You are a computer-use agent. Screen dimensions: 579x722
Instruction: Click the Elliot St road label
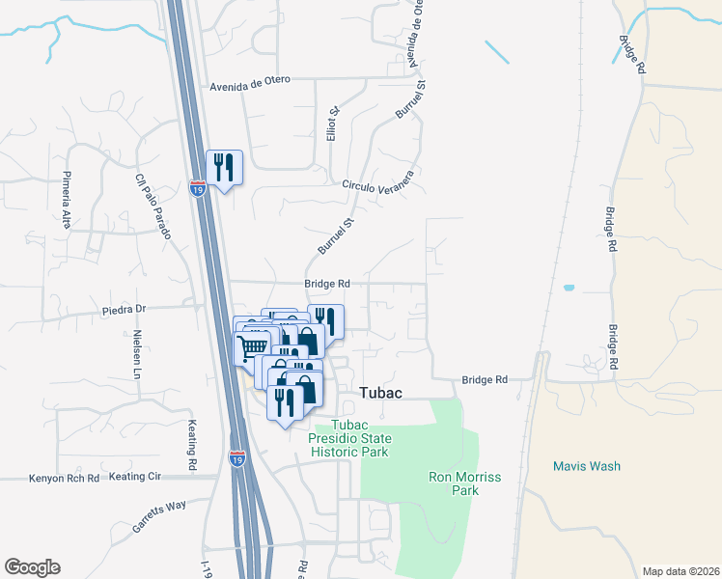[x=331, y=124]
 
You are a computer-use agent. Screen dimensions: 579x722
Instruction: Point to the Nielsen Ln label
[x=138, y=354]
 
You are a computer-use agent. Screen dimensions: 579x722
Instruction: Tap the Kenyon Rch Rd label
[x=65, y=478]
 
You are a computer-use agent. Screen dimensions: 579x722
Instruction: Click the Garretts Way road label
[x=160, y=518]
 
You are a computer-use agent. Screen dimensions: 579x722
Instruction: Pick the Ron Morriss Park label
[x=454, y=483]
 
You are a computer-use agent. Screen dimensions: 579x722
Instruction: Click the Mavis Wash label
[x=586, y=466]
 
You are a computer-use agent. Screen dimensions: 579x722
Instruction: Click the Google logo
[x=32, y=567]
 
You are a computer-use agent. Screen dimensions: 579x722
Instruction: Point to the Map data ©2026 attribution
[x=680, y=570]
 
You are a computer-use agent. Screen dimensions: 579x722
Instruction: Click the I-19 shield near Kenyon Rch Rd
[x=237, y=460]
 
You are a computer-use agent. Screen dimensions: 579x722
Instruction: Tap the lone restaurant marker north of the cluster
[x=224, y=167]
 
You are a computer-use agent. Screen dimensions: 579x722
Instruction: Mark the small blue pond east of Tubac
[x=568, y=288]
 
